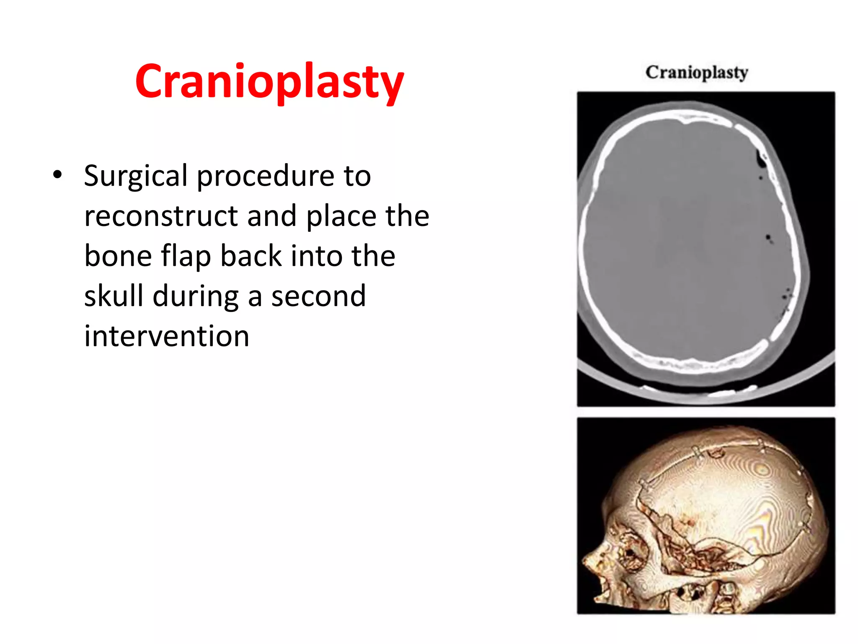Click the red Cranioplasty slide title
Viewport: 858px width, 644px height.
pyautogui.click(x=269, y=82)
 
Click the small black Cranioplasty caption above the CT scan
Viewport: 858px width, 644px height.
pyautogui.click(x=696, y=72)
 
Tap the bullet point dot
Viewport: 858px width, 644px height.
pyautogui.click(x=57, y=174)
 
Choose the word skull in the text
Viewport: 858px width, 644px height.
pyautogui.click(x=114, y=296)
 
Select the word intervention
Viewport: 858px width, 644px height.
pyautogui.click(x=167, y=336)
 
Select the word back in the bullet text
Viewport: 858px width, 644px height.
pyautogui.click(x=251, y=256)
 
